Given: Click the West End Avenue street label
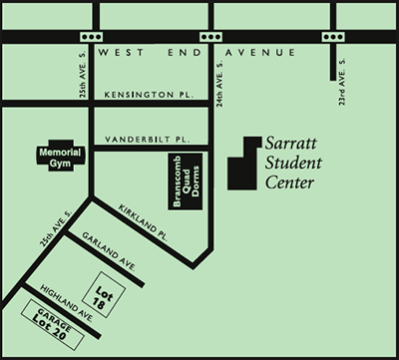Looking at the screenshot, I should tap(199, 51).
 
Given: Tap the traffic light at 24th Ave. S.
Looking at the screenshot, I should tap(209, 35).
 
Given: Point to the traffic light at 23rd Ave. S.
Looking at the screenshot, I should tap(331, 35).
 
